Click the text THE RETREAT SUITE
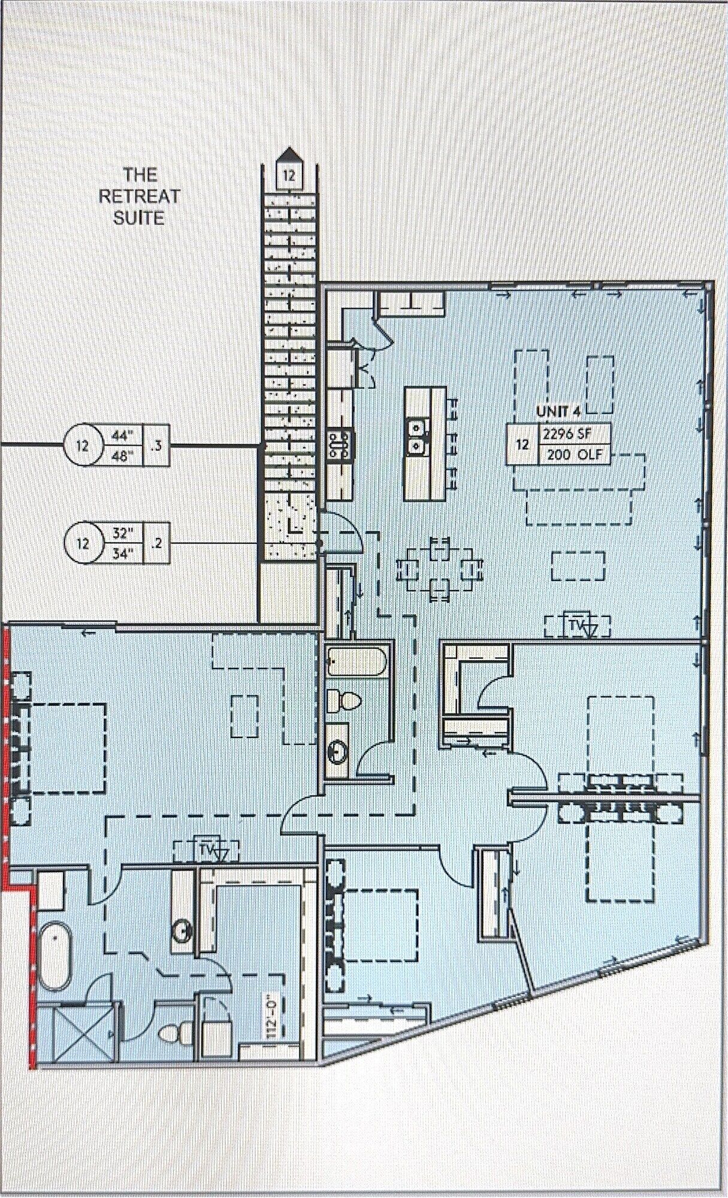(140, 196)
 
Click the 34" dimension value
(123, 554)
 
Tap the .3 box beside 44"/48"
(158, 446)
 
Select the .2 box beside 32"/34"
(157, 544)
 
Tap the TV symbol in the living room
(578, 626)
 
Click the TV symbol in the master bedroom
(207, 849)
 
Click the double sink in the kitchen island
(415, 437)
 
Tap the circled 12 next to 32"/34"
(83, 544)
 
